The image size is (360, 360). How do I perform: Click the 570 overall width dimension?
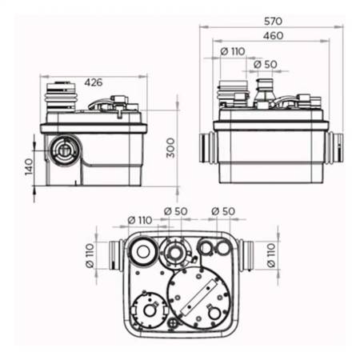point(273,21)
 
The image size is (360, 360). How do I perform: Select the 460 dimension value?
point(273,36)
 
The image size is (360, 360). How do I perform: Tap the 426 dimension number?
point(94,82)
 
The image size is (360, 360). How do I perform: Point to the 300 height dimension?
point(170,148)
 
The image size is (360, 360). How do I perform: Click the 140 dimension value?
point(29,166)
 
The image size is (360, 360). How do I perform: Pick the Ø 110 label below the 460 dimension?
point(233,51)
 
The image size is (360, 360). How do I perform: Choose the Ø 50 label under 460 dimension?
point(266,64)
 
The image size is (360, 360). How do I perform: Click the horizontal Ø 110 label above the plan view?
point(140,220)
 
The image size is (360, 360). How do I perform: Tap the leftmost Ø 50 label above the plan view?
point(176,211)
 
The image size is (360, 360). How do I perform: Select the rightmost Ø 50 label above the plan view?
point(223,211)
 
